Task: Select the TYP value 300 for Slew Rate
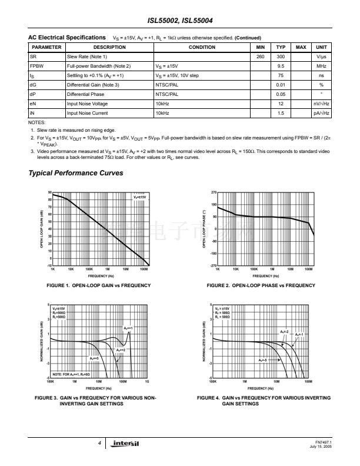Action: point(281,56)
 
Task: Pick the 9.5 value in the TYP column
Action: point(281,66)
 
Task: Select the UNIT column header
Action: point(321,47)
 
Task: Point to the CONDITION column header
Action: point(202,47)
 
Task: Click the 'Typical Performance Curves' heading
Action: point(76,173)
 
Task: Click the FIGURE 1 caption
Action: point(98,285)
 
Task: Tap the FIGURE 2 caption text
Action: point(261,285)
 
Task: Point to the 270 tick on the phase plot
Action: point(213,192)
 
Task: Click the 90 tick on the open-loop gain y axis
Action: point(50,192)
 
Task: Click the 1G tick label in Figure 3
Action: point(146,381)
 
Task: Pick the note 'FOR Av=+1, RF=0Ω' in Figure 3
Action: point(71,374)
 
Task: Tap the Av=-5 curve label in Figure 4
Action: point(264,360)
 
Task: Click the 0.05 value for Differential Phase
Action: point(281,94)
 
